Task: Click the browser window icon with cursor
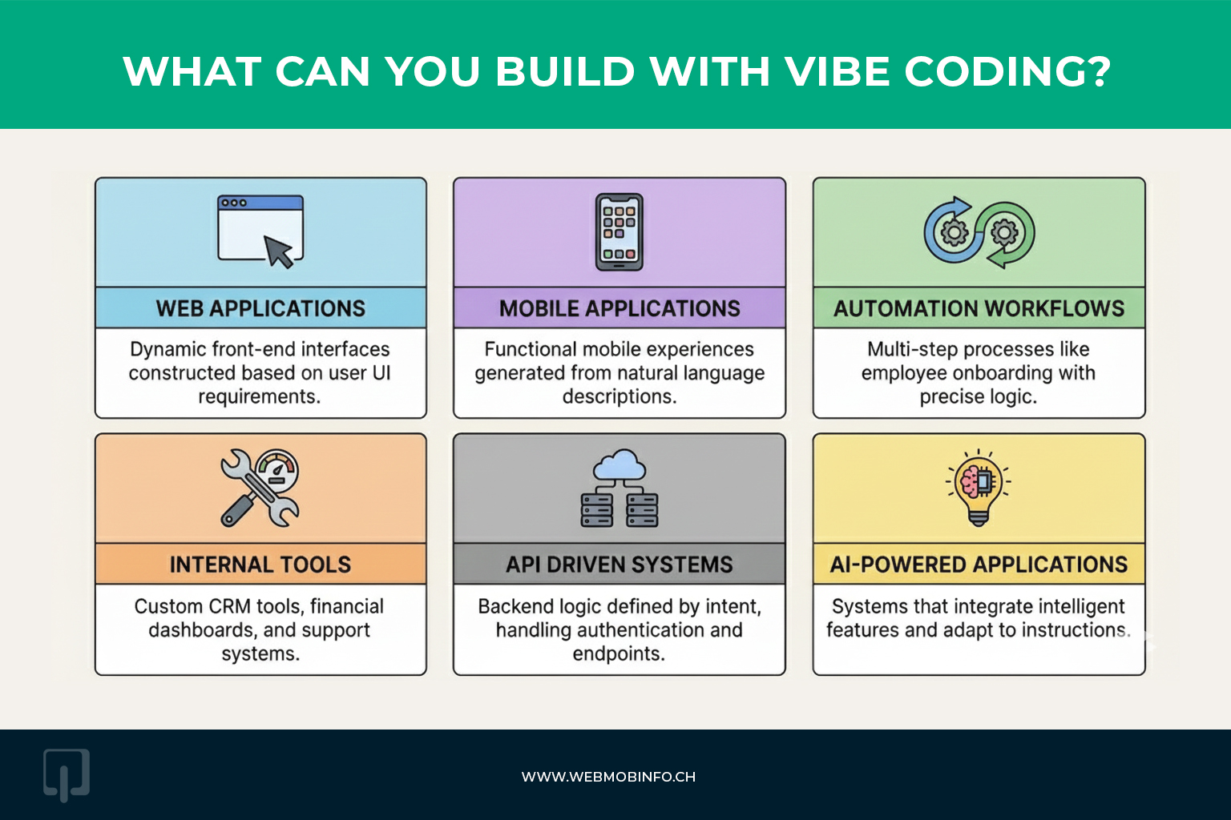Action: (x=260, y=231)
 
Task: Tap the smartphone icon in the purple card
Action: (x=620, y=232)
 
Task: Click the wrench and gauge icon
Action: (x=260, y=487)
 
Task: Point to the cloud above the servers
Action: (x=619, y=464)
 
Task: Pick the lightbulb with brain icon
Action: (x=979, y=486)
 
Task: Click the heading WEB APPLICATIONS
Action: (x=260, y=308)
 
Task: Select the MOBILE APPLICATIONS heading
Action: (x=620, y=308)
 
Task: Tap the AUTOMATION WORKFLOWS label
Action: (x=979, y=308)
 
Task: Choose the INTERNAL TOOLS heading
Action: (x=260, y=565)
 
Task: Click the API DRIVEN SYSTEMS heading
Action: (x=620, y=565)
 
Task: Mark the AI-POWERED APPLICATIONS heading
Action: (x=979, y=565)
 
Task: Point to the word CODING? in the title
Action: (x=1007, y=72)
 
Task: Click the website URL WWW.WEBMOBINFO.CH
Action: (x=608, y=777)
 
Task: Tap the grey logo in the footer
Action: (x=66, y=775)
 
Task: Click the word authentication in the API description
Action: (x=617, y=630)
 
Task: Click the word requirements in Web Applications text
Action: (x=257, y=397)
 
